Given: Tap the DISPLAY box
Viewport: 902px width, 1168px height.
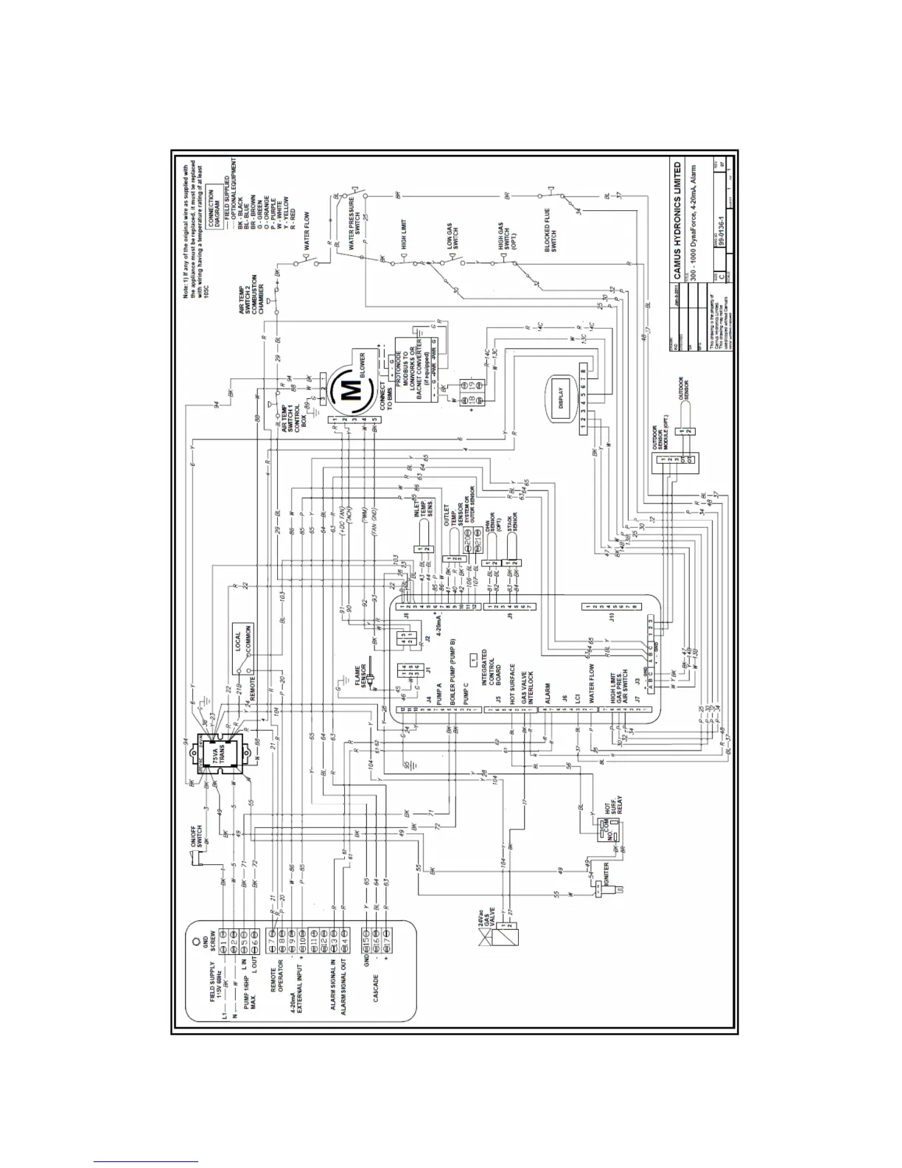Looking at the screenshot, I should pos(562,397).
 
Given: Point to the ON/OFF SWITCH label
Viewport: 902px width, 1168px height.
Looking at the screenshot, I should pos(203,836).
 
